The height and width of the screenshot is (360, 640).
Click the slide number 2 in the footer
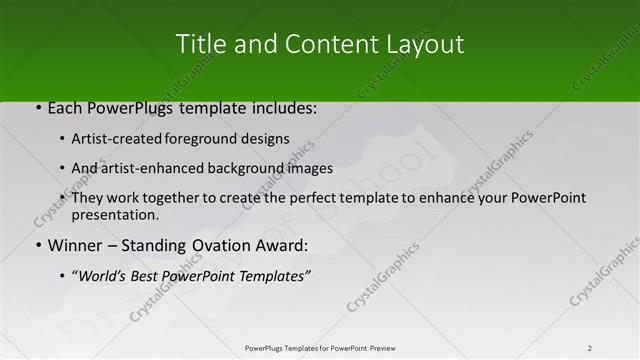[590, 348]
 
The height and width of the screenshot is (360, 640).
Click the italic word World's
[102, 275]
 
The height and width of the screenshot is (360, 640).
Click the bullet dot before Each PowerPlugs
[38, 108]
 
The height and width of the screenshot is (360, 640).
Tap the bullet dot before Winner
[38, 245]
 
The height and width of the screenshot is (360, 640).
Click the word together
[176, 198]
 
